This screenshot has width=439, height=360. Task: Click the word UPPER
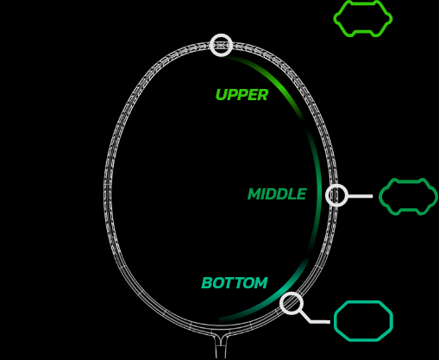point(241,95)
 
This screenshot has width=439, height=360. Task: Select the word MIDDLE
point(277,194)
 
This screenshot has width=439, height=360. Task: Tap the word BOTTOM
point(235,283)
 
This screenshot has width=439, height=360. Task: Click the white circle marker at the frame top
point(221,36)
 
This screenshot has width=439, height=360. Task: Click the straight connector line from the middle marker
point(361,196)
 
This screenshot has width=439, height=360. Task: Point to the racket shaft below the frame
point(221,347)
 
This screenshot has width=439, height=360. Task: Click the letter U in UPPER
point(222,95)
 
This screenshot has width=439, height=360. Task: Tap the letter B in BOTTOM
point(207,283)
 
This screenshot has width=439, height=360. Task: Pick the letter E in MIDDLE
point(302,194)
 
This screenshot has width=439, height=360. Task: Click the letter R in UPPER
point(263,95)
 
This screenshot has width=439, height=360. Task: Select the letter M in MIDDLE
point(254,194)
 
